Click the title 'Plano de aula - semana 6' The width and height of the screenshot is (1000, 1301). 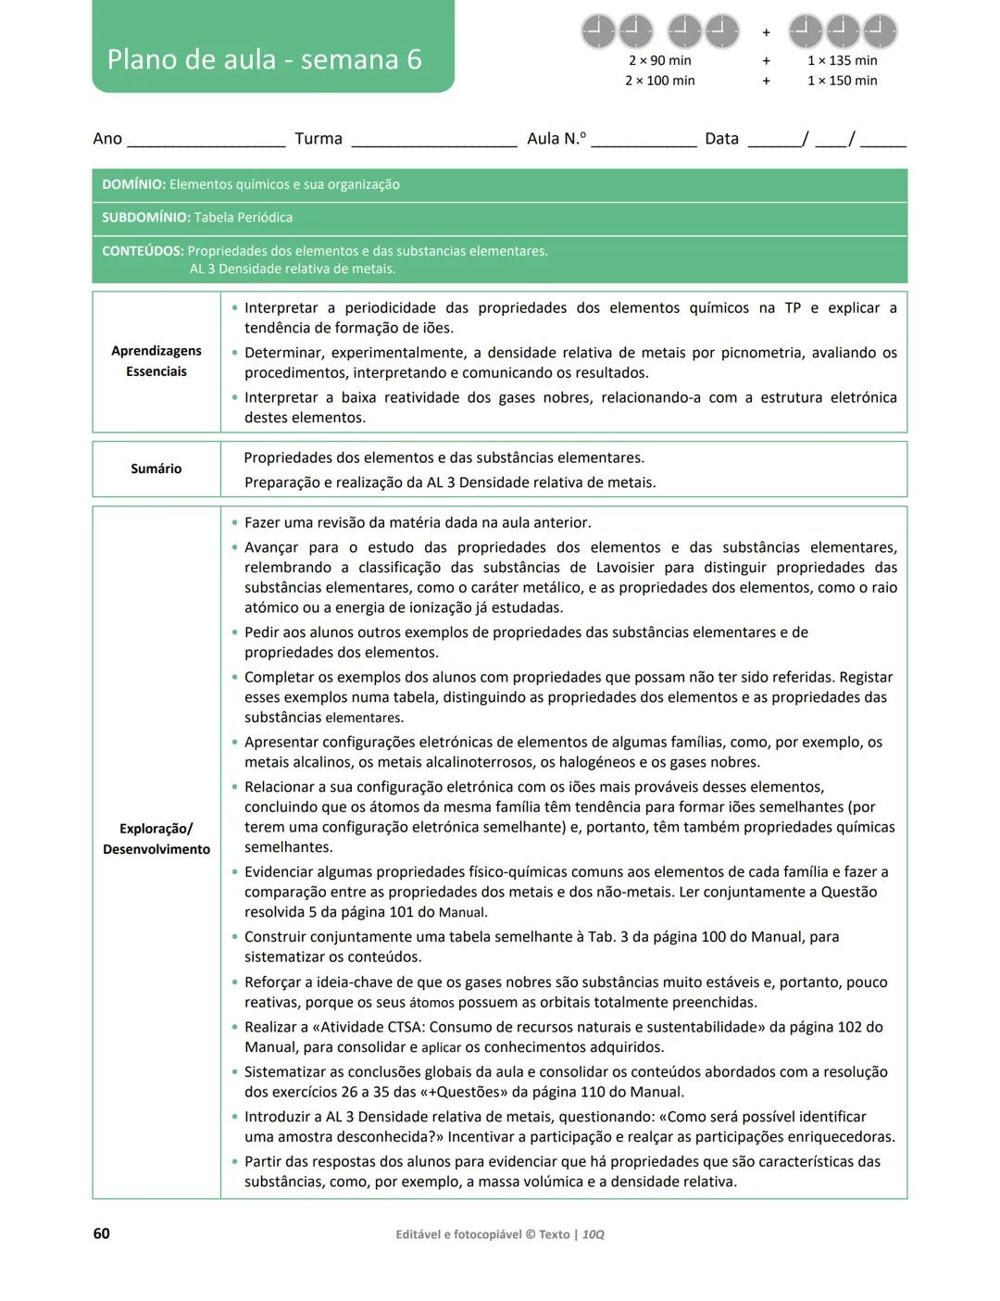pos(265,59)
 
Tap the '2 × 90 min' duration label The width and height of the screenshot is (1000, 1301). pos(659,60)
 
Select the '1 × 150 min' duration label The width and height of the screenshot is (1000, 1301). pos(842,81)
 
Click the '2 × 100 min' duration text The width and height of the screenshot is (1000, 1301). pos(659,81)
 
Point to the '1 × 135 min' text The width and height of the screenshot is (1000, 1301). pos(842,60)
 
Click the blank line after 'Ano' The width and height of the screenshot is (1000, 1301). pos(206,142)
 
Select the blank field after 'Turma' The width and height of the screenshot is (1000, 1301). pos(433,142)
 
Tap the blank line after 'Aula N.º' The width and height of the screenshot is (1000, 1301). pos(644,142)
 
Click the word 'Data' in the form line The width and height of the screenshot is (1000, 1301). pos(721,139)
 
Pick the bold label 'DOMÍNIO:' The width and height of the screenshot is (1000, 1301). pos(133,184)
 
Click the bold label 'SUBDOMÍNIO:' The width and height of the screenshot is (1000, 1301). pos(145,218)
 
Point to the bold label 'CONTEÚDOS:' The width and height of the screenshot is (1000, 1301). pos(143,251)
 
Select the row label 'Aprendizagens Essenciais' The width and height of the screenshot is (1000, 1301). pos(156,361)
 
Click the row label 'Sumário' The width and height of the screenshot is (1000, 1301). pos(156,469)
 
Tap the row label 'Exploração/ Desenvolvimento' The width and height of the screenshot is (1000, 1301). pos(156,839)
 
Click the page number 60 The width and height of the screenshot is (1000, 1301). pos(101,1233)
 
